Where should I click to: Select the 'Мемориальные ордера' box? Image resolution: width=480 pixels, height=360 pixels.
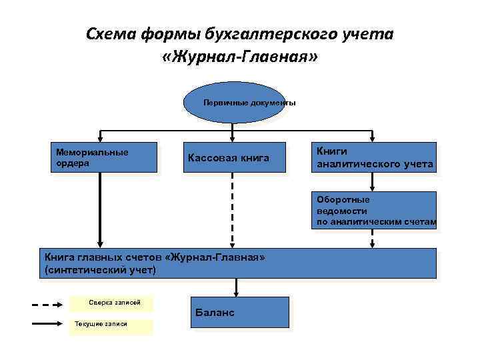[105, 158]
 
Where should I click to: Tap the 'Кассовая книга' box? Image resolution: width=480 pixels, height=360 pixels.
[233, 158]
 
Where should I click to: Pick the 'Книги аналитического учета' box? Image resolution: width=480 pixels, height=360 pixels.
[374, 158]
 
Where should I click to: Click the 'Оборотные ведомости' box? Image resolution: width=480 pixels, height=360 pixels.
[374, 210]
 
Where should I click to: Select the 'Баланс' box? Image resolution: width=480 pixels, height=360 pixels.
[239, 312]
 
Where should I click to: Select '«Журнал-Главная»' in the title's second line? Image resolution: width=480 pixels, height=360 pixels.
[240, 58]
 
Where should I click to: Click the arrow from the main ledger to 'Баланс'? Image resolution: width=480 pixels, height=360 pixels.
[235, 287]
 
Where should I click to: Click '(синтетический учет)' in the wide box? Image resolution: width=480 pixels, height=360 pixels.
[100, 269]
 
